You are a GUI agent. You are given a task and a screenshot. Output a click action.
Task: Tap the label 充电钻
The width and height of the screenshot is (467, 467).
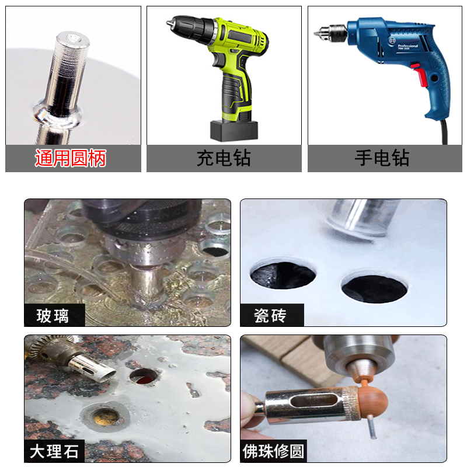(224, 158)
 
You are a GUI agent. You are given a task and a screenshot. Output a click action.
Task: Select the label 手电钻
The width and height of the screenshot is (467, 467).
(382, 158)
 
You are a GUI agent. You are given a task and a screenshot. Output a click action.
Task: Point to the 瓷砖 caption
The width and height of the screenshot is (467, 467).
(270, 316)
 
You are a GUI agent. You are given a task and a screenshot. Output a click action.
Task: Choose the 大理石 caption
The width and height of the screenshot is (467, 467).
(54, 451)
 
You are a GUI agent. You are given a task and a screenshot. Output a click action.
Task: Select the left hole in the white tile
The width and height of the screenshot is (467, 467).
(283, 276)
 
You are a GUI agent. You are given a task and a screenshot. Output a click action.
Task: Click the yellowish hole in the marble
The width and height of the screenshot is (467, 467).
(106, 415)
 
